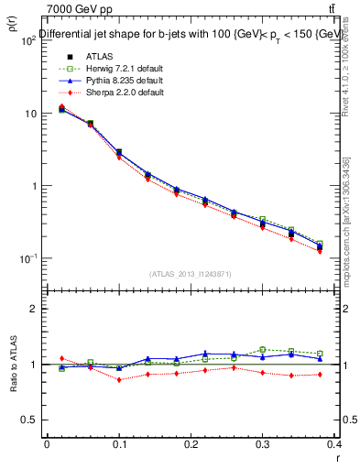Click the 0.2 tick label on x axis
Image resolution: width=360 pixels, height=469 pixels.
tap(191, 444)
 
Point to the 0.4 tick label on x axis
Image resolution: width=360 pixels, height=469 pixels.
tap(335, 444)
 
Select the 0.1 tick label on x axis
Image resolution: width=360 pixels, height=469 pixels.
tap(118, 444)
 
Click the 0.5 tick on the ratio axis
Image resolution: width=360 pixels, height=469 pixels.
tap(29, 420)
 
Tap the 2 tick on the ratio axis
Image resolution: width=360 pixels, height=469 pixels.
tap(33, 309)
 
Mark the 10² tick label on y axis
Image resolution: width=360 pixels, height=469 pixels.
tap(27, 40)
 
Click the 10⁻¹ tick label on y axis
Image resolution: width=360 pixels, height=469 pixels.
tap(27, 258)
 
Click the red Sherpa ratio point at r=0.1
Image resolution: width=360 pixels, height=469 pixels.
tap(119, 379)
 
